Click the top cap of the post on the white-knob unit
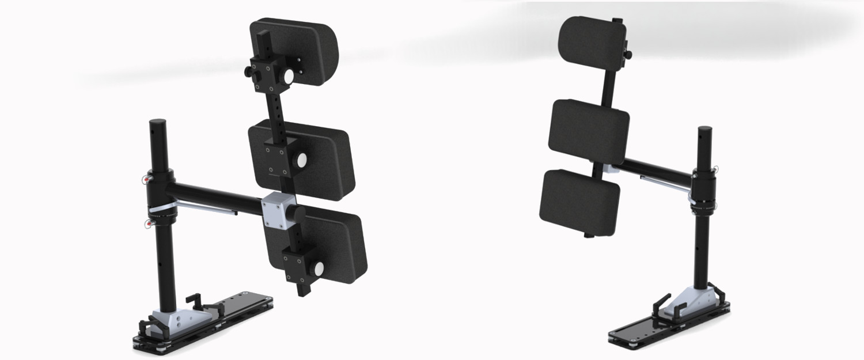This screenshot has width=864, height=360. click(158, 122)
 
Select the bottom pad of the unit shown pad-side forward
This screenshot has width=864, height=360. click(579, 202)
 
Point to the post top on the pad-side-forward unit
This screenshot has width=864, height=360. click(704, 129)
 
